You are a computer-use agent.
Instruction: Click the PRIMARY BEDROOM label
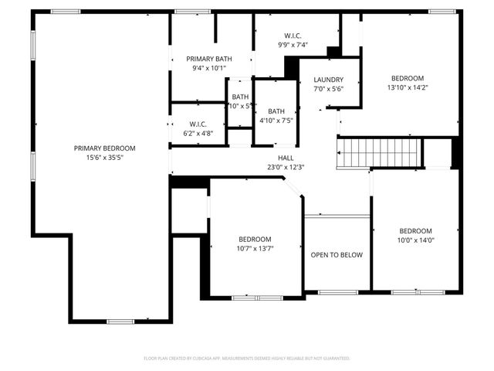tap(104, 148)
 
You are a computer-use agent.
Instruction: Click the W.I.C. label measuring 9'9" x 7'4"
tap(293, 36)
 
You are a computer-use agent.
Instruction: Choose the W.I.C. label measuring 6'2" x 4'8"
tap(198, 124)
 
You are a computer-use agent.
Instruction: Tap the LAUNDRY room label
tap(328, 80)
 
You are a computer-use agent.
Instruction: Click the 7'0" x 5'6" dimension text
tap(328, 89)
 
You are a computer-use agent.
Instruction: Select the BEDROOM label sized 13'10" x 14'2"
tap(407, 78)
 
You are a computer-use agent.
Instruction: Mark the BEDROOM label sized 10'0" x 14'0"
tap(415, 230)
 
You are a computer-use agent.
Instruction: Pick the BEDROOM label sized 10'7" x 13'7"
tap(255, 239)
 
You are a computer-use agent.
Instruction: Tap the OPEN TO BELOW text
tap(337, 255)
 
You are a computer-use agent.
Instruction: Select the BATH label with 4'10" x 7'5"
tap(276, 111)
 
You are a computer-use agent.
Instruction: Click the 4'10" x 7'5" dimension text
tap(276, 121)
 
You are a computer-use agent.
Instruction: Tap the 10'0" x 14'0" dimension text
tap(415, 240)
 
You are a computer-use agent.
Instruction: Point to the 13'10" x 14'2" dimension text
tap(407, 87)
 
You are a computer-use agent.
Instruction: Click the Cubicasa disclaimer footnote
tap(247, 359)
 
